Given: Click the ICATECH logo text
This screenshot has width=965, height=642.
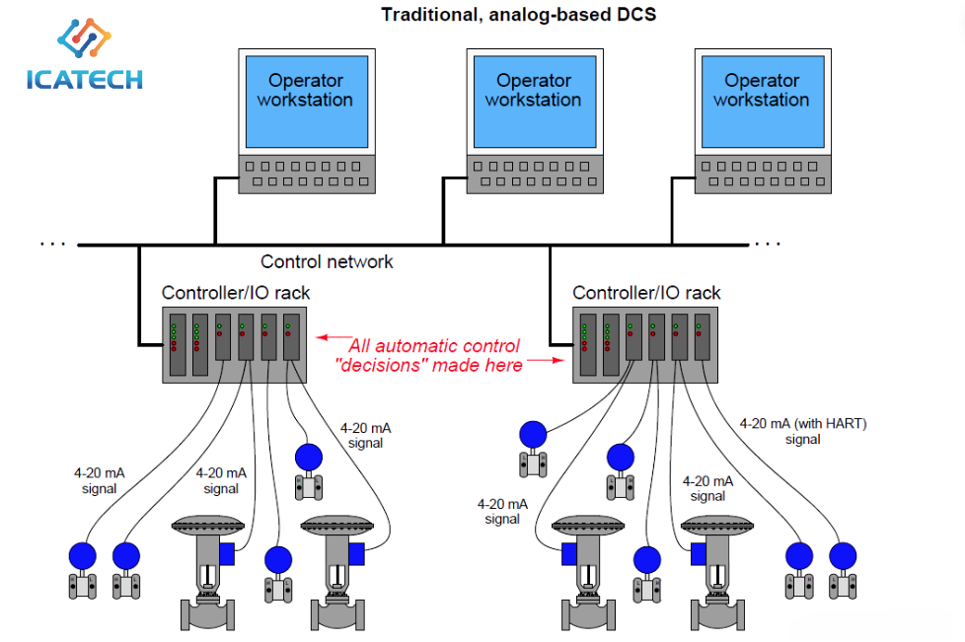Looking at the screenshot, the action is [84, 80].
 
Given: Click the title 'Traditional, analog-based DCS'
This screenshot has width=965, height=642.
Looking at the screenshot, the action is [518, 14].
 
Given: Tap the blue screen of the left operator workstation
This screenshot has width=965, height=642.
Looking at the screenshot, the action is [307, 103].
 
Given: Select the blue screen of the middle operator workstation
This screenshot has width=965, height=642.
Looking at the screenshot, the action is [535, 103].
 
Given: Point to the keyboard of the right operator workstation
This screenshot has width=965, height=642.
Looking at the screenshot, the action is [763, 174].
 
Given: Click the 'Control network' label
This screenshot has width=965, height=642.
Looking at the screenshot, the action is [327, 262].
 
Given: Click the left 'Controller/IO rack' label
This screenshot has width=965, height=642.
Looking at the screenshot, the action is [236, 293].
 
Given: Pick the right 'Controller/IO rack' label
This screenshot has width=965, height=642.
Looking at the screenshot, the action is [646, 293].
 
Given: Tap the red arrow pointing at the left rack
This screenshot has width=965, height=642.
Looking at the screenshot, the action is [334, 337].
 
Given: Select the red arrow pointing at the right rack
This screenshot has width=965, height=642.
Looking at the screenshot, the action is [546, 360].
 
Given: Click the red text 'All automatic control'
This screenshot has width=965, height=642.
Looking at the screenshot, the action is [434, 345].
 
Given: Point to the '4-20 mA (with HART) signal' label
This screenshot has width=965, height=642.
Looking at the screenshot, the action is [802, 431].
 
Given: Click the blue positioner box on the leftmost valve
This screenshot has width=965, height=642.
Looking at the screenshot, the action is [227, 554].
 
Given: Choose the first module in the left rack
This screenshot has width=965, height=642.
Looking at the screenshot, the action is [178, 344].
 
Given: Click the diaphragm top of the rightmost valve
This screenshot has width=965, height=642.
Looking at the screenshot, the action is [717, 527].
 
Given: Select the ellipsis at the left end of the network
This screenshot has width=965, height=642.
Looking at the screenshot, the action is [53, 245].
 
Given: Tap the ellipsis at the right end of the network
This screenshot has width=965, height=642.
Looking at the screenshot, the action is [768, 245].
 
